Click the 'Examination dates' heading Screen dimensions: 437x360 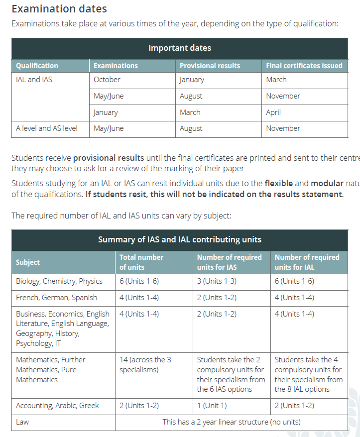(59, 9)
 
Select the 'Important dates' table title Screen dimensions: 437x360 (180, 48)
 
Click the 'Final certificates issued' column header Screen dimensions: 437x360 (304, 66)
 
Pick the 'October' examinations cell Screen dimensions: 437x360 (107, 80)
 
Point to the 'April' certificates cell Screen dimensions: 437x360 (273, 112)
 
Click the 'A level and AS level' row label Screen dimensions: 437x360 (47, 128)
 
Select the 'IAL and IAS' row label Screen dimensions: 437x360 (34, 80)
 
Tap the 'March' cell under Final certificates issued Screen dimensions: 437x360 (276, 80)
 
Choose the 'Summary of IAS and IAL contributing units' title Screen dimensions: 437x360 (180, 239)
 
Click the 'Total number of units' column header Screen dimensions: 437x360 (141, 262)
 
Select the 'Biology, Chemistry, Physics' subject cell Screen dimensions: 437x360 (59, 281)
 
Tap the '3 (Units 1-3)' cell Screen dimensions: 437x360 (217, 281)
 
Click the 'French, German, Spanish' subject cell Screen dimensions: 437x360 (57, 298)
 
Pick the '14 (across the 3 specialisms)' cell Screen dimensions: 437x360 (145, 364)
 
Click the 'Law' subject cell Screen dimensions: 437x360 (22, 422)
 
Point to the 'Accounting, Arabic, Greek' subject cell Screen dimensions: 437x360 (57, 406)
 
